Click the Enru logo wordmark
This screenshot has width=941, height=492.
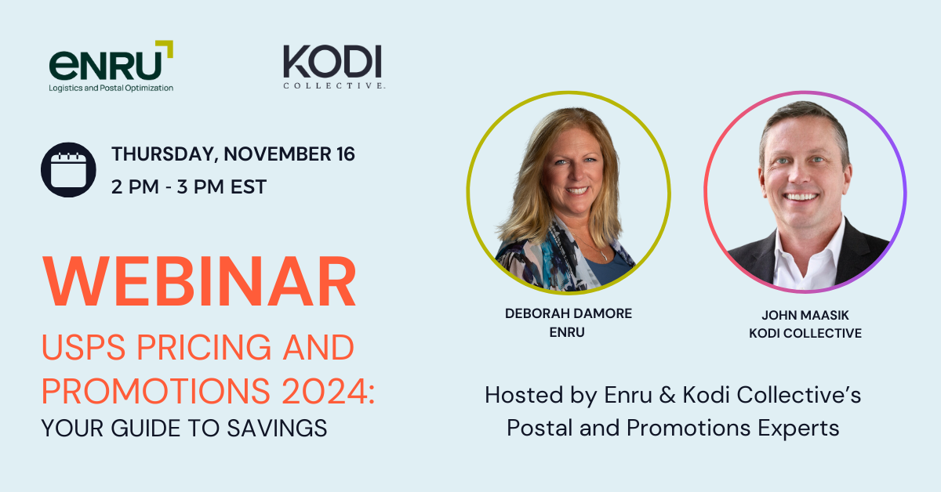point(105,65)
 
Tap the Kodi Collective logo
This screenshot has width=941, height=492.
point(334,67)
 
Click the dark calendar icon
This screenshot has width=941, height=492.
point(68,169)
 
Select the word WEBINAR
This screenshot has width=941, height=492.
point(199,282)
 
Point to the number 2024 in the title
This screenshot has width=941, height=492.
point(325,391)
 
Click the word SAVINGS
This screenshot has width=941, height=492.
point(277,429)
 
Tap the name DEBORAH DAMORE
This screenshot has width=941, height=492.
point(569,313)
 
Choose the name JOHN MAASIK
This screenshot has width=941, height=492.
point(805,315)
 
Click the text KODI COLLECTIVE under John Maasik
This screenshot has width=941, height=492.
point(805,333)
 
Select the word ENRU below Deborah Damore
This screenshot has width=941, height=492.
point(567,332)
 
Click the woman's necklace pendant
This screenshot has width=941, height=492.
point(604,256)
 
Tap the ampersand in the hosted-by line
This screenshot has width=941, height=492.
point(667,396)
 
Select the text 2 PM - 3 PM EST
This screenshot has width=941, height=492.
point(189,186)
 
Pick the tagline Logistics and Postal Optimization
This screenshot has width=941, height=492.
point(111,89)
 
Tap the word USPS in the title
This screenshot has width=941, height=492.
point(84,348)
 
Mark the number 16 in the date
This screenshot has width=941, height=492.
point(345,154)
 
